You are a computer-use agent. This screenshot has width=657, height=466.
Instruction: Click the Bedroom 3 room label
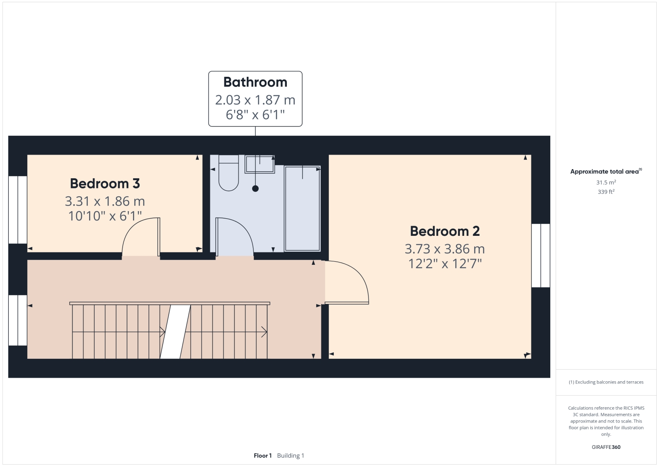105,184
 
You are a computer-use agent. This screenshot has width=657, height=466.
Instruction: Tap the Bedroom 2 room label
444,231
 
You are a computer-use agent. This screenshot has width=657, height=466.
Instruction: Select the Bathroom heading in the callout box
255,82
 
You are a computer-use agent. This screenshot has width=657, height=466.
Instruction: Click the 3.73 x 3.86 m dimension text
444,249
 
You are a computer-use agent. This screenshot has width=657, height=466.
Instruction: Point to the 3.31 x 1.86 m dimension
105,201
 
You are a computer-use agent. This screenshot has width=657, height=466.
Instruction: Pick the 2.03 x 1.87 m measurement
255,100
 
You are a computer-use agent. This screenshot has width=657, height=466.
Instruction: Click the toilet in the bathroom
228,176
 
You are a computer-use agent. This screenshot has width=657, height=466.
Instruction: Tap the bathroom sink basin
259,164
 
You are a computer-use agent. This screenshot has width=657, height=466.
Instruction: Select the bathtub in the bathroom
302,208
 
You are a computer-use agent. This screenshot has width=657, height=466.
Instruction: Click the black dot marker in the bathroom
255,188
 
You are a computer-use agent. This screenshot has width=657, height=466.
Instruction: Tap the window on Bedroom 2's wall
541,255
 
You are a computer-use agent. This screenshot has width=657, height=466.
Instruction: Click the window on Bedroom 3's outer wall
18,210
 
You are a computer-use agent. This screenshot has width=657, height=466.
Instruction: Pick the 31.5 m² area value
606,182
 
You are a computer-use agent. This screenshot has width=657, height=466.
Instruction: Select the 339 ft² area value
606,192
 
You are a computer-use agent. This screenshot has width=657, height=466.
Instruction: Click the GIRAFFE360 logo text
606,447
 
